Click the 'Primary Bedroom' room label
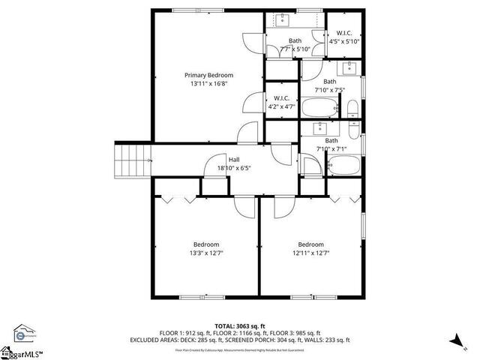pyautogui.click(x=209, y=75)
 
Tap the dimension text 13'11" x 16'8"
pyautogui.click(x=209, y=84)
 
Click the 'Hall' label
pyautogui.click(x=234, y=160)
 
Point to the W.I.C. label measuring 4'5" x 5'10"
pyautogui.click(x=345, y=32)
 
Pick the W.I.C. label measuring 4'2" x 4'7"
pyautogui.click(x=282, y=98)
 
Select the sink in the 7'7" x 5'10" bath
pyautogui.click(x=286, y=20)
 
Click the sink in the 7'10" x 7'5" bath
pyautogui.click(x=351, y=69)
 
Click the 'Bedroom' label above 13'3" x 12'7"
pyautogui.click(x=206, y=244)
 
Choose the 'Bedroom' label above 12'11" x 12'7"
pyautogui.click(x=310, y=244)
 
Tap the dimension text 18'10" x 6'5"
pyautogui.click(x=234, y=168)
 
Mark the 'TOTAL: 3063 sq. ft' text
pyautogui.click(x=239, y=326)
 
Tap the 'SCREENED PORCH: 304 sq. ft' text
pyautogui.click(x=270, y=340)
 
